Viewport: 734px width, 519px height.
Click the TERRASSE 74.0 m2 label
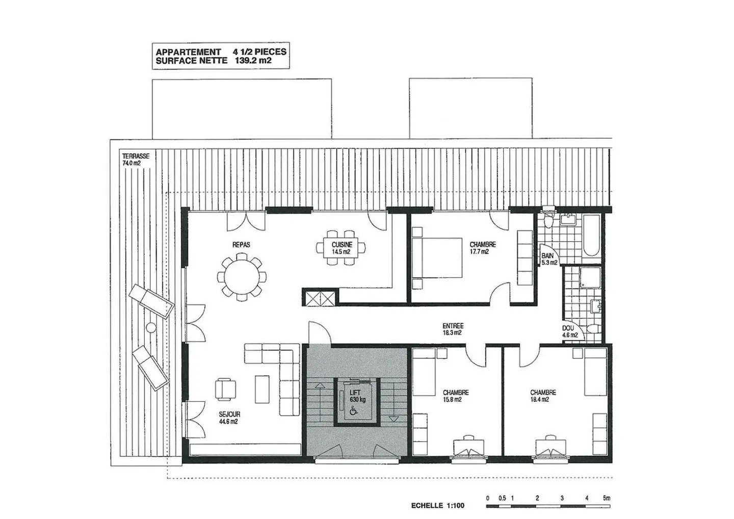pyautogui.click(x=136, y=160)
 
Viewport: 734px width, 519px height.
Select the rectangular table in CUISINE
pyautogui.click(x=341, y=248)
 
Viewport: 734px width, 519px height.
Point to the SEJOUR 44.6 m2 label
pyautogui.click(x=229, y=418)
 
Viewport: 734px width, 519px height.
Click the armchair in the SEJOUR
pyautogui.click(x=225, y=390)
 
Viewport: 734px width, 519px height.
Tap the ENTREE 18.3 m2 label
pyautogui.click(x=453, y=329)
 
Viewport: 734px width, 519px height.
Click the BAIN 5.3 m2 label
pyautogui.click(x=548, y=259)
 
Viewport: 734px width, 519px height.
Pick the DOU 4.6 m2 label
pyautogui.click(x=569, y=332)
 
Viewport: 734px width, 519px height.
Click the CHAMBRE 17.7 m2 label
pyautogui.click(x=482, y=248)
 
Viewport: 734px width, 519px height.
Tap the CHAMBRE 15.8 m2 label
pyautogui.click(x=455, y=396)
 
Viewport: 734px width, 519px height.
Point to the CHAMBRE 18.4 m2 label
pyautogui.click(x=542, y=396)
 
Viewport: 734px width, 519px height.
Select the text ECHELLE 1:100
pyautogui.click(x=437, y=506)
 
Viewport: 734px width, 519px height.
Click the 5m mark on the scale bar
pyautogui.click(x=606, y=498)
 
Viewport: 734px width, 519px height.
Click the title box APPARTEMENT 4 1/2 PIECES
pyautogui.click(x=221, y=56)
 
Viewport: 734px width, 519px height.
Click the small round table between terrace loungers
pyautogui.click(x=151, y=327)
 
